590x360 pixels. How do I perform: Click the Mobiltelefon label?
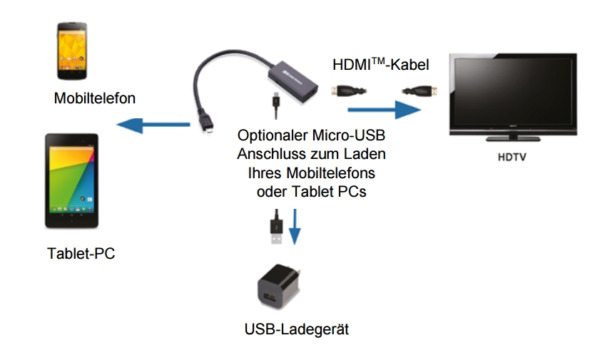[94, 98]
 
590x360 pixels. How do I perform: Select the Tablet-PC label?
[81, 253]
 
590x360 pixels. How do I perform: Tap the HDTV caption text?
[512, 156]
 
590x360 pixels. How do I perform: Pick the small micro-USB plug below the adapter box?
[275, 105]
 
